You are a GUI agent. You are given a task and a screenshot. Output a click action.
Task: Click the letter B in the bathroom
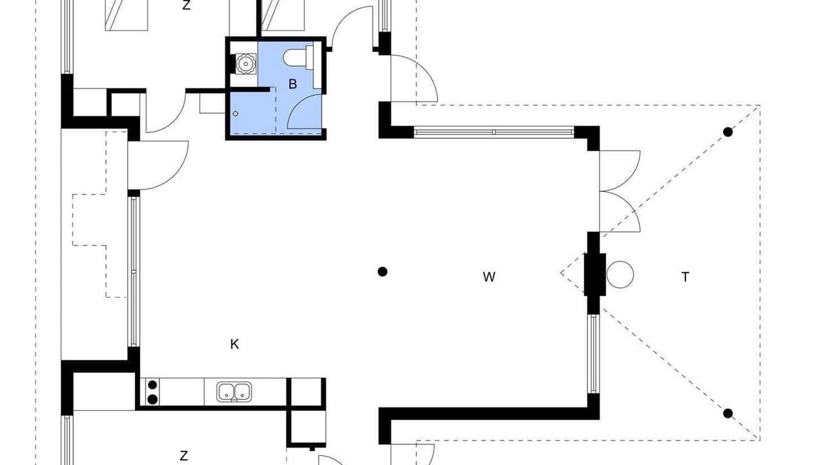[x=292, y=84]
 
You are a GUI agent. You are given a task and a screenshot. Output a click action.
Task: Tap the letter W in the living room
[x=489, y=277]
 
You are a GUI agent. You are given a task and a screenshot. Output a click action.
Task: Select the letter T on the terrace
[x=685, y=277]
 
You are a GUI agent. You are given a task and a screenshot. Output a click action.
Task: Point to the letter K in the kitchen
[x=234, y=344]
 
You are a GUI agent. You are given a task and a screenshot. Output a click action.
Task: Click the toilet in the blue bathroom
[x=298, y=57]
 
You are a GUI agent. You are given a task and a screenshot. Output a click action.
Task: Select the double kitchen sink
[x=234, y=392]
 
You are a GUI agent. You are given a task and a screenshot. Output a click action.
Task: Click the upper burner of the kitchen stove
[x=152, y=386]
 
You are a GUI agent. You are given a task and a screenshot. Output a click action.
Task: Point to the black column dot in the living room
[x=383, y=272]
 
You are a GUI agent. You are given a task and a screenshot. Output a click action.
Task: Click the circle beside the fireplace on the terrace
[x=620, y=274]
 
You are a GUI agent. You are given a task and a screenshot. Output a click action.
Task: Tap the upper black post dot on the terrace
[x=727, y=132]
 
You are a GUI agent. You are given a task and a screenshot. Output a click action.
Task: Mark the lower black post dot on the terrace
[x=727, y=414]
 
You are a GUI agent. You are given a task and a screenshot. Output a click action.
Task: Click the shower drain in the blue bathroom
[x=236, y=114]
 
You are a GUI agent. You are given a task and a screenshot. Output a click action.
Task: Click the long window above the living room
[x=494, y=132]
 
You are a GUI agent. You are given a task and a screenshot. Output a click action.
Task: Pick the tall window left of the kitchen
[x=134, y=272]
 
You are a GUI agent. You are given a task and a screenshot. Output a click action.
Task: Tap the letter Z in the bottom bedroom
[x=184, y=456]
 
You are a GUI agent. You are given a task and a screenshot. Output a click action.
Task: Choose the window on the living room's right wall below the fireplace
[x=593, y=353]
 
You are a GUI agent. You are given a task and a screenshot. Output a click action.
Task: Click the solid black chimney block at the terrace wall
[x=595, y=274]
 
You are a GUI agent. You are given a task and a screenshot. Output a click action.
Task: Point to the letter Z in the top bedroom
[x=186, y=5]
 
